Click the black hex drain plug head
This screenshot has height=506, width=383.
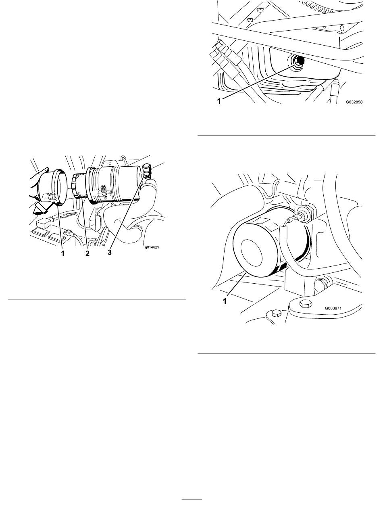pyautogui.click(x=299, y=61)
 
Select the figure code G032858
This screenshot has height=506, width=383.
pyautogui.click(x=354, y=102)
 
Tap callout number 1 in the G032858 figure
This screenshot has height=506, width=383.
pyautogui.click(x=219, y=101)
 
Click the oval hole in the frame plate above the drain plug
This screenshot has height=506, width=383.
pyautogui.click(x=342, y=28)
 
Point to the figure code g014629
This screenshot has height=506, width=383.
pyautogui.click(x=152, y=247)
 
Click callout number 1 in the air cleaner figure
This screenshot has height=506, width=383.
pyautogui.click(x=62, y=253)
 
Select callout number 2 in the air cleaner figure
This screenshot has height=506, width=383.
pyautogui.click(x=87, y=253)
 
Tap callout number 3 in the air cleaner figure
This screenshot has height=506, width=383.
pyautogui.click(x=110, y=253)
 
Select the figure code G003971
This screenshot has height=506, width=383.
pyautogui.click(x=333, y=308)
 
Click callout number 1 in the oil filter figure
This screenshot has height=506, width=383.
pyautogui.click(x=225, y=301)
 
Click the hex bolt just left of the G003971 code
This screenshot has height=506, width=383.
pyautogui.click(x=306, y=304)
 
